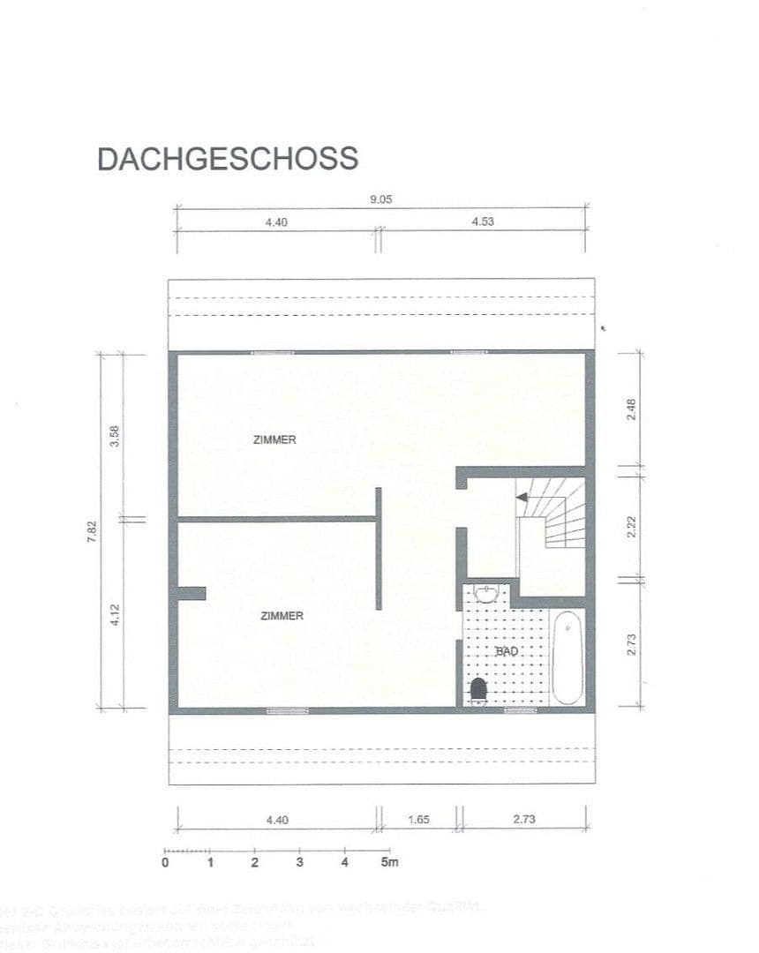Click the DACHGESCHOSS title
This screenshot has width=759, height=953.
[x=228, y=159]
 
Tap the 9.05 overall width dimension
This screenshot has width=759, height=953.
[x=380, y=200]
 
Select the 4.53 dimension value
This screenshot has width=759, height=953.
[x=483, y=222]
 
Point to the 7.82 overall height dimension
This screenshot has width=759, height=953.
[x=92, y=532]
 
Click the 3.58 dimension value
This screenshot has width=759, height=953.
[x=114, y=437]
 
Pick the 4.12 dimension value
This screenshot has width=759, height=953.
[x=114, y=614]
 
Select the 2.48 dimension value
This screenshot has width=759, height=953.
[x=631, y=409]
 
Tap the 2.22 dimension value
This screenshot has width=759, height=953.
[x=631, y=528]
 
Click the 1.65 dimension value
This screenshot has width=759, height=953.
[x=418, y=820]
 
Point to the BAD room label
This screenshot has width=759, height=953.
[x=507, y=651]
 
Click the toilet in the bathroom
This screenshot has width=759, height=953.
[x=479, y=690]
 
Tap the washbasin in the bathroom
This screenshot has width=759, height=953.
[x=486, y=591]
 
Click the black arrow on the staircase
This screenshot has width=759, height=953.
[x=522, y=498]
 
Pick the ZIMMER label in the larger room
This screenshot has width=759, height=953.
[x=274, y=439]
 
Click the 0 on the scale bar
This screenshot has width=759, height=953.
[x=165, y=862]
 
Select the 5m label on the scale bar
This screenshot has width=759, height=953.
[x=389, y=862]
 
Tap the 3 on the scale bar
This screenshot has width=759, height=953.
[x=299, y=862]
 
